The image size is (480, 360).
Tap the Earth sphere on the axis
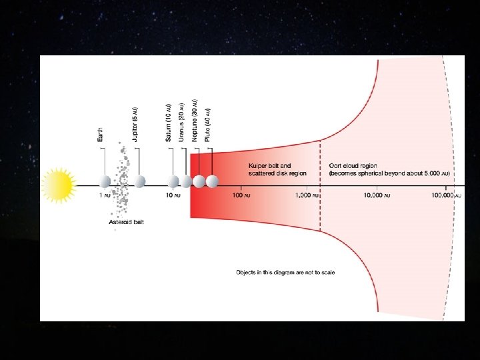pos(104,181)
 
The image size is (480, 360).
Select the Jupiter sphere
pos(139,181)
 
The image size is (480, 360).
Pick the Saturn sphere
pos(173,181)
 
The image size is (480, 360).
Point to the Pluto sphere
pos(212,181)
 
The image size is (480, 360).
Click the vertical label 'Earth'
pos(101,134)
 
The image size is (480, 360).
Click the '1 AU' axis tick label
pos(104,196)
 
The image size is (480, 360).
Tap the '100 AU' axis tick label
pos(240,196)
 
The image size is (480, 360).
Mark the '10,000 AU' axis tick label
pos(378,196)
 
